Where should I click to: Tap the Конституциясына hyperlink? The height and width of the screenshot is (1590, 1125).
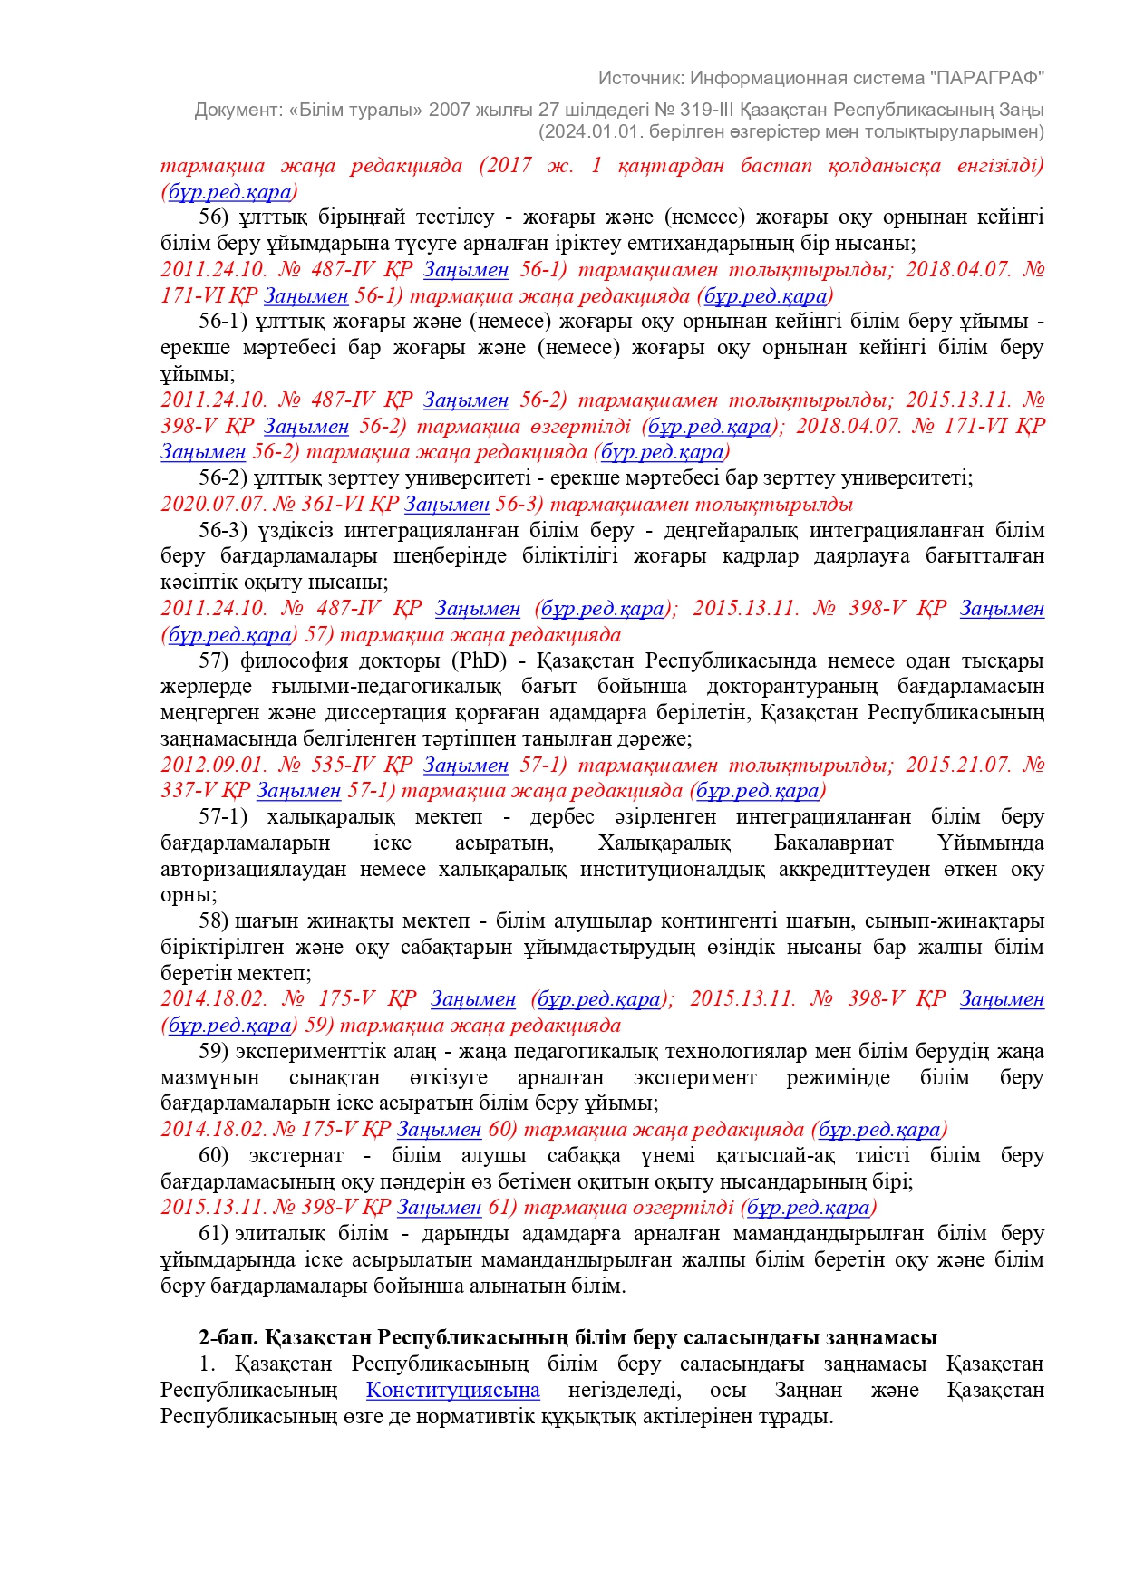pyautogui.click(x=452, y=1390)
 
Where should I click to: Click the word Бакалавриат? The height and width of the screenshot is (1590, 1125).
pyautogui.click(x=833, y=843)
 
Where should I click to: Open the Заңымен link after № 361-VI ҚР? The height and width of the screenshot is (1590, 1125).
pyautogui.click(x=446, y=504)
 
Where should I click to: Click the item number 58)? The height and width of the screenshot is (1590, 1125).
pyautogui.click(x=213, y=920)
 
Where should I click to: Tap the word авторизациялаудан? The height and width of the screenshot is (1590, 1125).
pyautogui.click(x=253, y=869)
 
